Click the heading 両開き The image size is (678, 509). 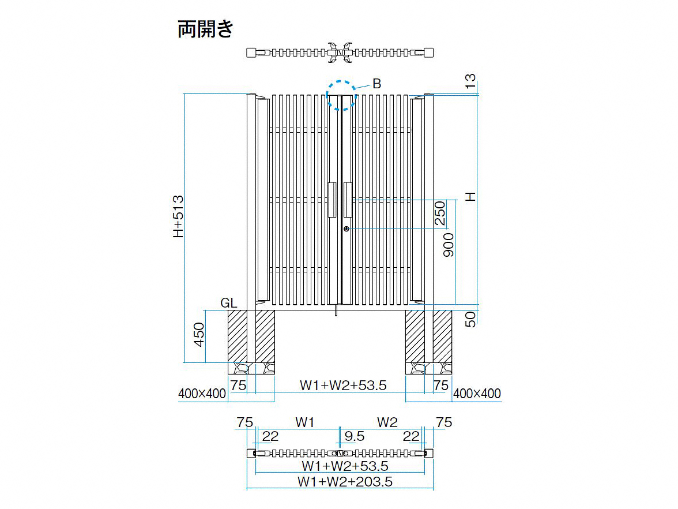[205, 29]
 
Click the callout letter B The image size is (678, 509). [376, 84]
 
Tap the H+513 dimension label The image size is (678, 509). [178, 216]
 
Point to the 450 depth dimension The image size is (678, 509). [198, 335]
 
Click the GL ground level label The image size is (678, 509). [228, 303]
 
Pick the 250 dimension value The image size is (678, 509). [439, 214]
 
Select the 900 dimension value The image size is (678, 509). [449, 245]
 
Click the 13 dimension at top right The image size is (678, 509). [470, 81]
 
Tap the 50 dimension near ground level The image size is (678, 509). [470, 319]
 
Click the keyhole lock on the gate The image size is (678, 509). [346, 229]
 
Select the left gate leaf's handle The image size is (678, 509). [332, 200]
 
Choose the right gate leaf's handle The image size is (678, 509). [348, 200]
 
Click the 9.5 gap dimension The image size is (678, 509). [355, 436]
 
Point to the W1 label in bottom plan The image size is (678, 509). [305, 422]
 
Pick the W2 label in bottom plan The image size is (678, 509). [387, 422]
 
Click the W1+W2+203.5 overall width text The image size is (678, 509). [345, 482]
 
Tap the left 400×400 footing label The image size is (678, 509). [202, 394]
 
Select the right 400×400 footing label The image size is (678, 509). [477, 394]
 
